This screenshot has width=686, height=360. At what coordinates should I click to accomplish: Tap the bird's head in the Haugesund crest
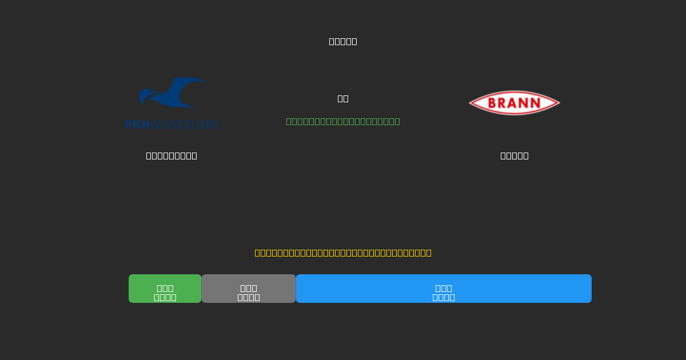145,95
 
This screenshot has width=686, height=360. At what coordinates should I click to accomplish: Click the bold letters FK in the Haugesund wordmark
133,125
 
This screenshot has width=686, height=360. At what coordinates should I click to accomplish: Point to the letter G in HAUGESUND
171,125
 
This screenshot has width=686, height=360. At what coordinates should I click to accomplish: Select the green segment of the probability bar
165,289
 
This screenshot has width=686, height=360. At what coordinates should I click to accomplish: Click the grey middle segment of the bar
248,289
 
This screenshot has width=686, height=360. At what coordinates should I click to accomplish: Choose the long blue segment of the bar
444,289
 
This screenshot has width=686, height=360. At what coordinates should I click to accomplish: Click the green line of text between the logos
343,121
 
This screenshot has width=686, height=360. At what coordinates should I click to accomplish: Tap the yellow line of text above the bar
343,253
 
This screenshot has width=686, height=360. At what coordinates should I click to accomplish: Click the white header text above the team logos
343,41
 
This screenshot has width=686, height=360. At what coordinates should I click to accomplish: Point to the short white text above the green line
343,98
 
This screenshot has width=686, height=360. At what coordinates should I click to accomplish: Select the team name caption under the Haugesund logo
171,155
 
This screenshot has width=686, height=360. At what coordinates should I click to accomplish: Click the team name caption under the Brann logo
514,155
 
